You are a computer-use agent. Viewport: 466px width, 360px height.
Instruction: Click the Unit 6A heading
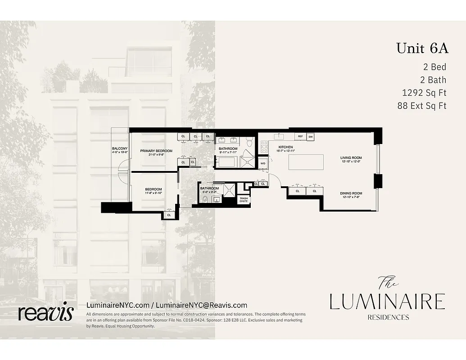(x=422, y=48)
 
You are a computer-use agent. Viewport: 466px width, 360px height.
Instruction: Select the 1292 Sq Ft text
(x=424, y=93)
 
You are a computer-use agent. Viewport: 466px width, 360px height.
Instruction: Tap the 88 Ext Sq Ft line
(x=421, y=106)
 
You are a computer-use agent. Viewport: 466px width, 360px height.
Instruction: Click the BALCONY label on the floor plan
(x=120, y=148)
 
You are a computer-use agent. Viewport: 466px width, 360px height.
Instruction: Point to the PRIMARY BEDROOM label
(x=156, y=151)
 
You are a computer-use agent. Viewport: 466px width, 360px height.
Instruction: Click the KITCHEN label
(x=285, y=147)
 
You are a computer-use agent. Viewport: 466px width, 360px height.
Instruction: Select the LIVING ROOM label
(x=351, y=157)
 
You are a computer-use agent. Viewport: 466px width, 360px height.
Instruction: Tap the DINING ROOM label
(x=351, y=193)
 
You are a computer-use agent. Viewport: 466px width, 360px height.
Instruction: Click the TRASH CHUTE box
(x=244, y=199)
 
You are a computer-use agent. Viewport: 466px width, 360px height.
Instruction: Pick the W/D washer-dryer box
(x=263, y=163)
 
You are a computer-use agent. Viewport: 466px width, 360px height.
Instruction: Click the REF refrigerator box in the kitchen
(x=300, y=136)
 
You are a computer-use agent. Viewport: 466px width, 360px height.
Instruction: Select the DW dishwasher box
(x=311, y=136)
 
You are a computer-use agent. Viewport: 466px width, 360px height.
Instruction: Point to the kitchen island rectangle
(x=306, y=162)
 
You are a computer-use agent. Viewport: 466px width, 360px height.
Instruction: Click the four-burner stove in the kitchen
(x=264, y=146)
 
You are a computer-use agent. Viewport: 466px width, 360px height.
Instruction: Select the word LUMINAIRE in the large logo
(x=387, y=301)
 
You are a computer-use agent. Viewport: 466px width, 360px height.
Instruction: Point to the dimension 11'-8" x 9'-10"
(x=153, y=193)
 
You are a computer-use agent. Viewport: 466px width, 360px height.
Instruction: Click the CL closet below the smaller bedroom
(x=169, y=215)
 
